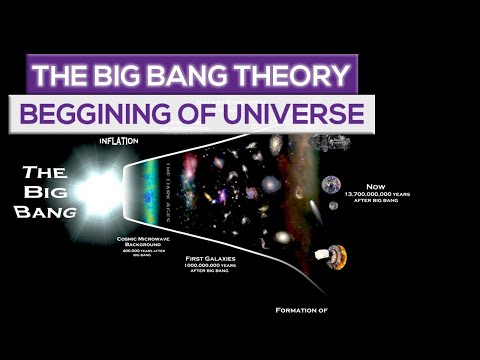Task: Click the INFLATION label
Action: pyautogui.click(x=117, y=140)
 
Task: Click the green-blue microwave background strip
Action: pyautogui.click(x=150, y=195)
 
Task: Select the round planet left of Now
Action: pyautogui.click(x=331, y=185)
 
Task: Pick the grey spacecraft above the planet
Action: pyautogui.click(x=327, y=142)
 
